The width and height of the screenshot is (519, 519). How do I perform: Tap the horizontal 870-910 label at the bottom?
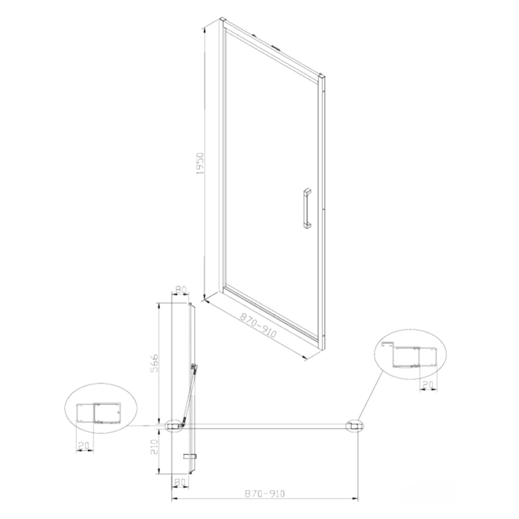[265, 494]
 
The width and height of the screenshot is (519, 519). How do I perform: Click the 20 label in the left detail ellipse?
[84, 446]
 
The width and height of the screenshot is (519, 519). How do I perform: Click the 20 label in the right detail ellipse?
[428, 384]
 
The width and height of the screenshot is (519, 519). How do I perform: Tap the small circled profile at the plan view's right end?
[354, 426]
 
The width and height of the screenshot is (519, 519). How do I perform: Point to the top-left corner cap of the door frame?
[222, 20]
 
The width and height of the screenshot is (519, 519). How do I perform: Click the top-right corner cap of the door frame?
[322, 76]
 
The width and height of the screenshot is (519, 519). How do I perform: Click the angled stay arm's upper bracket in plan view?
[194, 367]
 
